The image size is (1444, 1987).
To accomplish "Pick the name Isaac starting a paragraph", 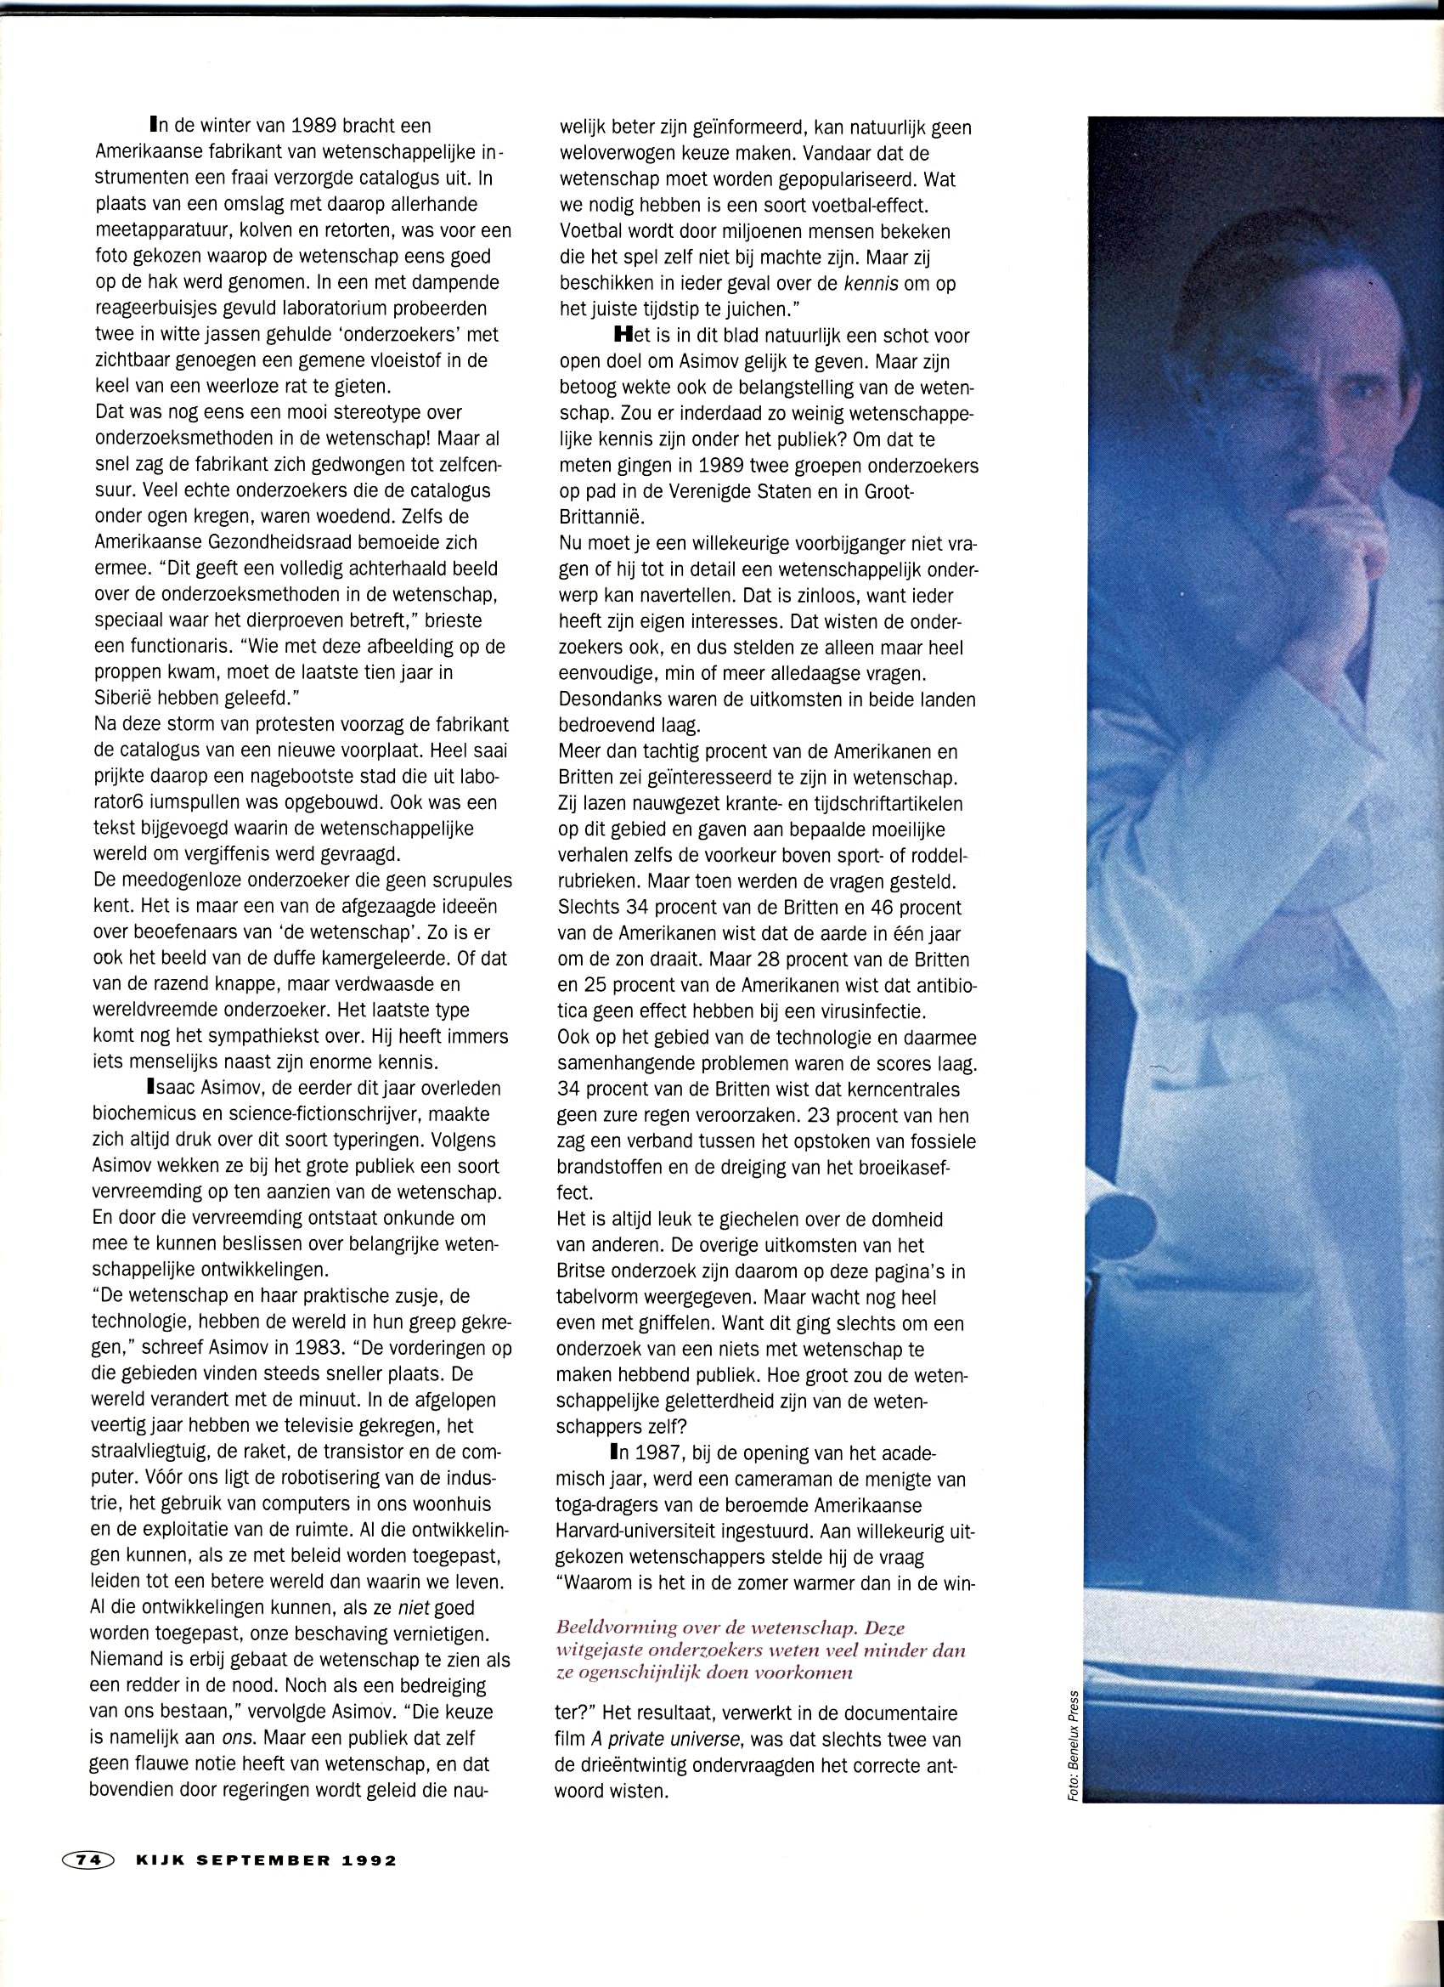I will [x=183, y=1089].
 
